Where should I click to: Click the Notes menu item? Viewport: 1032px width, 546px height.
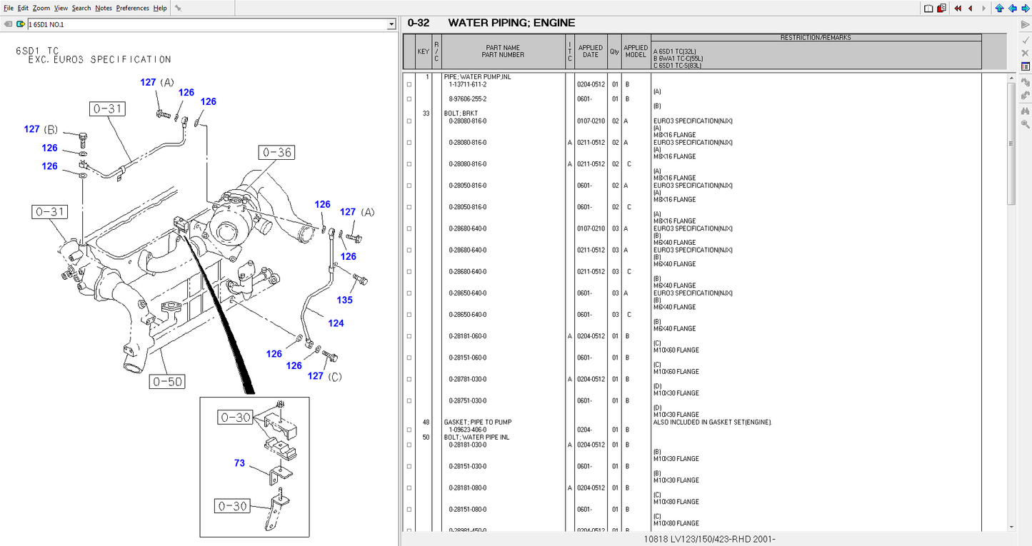tap(103, 8)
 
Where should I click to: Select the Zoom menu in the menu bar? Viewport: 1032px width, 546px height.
tap(41, 8)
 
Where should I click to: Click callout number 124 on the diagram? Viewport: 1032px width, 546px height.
tap(336, 323)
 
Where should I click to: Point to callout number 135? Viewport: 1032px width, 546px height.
tap(344, 300)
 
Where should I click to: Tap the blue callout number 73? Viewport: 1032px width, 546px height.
tap(239, 463)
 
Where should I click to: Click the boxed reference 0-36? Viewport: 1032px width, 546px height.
tap(276, 152)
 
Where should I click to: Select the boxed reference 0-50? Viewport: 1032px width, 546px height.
tap(166, 382)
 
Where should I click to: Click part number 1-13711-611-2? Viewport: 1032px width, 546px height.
tap(467, 84)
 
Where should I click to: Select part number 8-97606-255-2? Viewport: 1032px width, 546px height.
tap(467, 99)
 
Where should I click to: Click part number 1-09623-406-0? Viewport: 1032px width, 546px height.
tap(467, 430)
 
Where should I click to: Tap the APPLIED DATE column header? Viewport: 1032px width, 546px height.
tap(590, 51)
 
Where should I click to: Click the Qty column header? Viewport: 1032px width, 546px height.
tap(614, 51)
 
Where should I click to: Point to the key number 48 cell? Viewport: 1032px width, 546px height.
tap(426, 422)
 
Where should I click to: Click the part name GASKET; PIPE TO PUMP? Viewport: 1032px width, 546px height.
tap(478, 422)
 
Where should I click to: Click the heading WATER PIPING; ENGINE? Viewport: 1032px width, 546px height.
tap(511, 23)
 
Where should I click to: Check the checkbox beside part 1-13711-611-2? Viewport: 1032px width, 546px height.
tap(409, 85)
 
